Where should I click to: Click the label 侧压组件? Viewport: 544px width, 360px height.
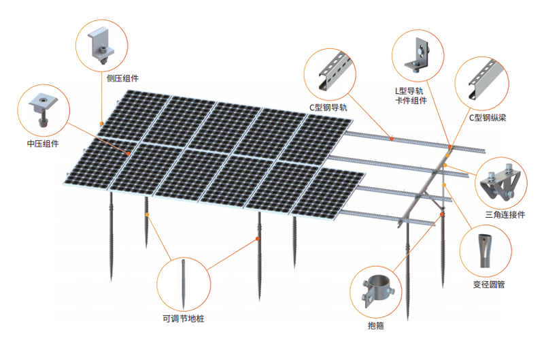[x=122, y=78]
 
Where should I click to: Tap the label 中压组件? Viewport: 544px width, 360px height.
[x=43, y=144]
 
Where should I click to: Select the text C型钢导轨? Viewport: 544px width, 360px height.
[x=328, y=108]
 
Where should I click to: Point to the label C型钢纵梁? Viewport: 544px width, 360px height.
[x=488, y=118]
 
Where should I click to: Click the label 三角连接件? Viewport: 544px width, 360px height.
[x=505, y=214]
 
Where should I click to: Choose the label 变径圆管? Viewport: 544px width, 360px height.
[x=488, y=284]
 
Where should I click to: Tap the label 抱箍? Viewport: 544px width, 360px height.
[x=376, y=325]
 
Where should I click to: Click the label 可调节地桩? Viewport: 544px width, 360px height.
[x=183, y=318]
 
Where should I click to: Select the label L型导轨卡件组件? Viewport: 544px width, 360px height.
[x=411, y=96]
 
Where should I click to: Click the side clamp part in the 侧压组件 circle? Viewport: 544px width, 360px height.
[x=101, y=46]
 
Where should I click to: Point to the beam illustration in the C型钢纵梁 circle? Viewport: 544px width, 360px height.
[x=483, y=79]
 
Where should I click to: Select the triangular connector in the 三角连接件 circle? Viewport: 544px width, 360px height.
[x=500, y=180]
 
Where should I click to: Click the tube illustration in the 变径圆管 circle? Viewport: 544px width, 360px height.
[x=485, y=250]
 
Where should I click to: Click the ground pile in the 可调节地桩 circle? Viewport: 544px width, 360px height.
[x=184, y=284]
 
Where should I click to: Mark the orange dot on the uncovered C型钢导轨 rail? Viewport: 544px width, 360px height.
[x=392, y=139]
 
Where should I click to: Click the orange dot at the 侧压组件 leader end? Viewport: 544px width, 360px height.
[x=101, y=123]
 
